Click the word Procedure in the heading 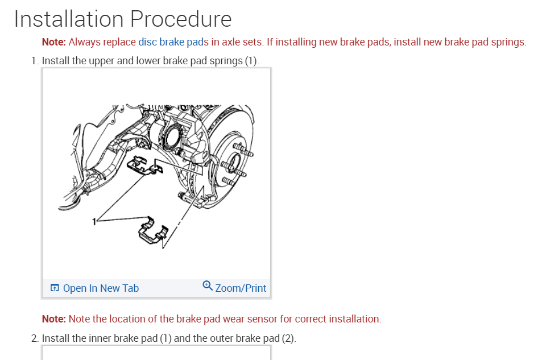[x=181, y=20]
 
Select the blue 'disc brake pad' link [x=171, y=42]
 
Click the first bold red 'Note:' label [x=54, y=42]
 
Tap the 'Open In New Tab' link [x=101, y=288]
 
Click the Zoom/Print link [x=241, y=288]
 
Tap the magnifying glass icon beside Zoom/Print [x=208, y=285]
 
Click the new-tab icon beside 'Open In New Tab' [x=55, y=288]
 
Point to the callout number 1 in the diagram [x=94, y=221]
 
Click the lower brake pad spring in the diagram [x=152, y=232]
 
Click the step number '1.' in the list [x=35, y=60]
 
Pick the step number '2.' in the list [x=35, y=338]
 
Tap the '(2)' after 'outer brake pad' [x=288, y=338]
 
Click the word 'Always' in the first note [x=85, y=42]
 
